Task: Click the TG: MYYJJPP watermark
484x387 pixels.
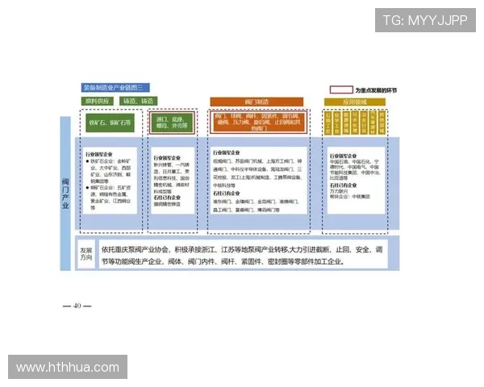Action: pyautogui.click(x=425, y=19)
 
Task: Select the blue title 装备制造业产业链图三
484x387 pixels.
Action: pyautogui.click(x=115, y=87)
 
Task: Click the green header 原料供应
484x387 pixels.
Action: pyautogui.click(x=98, y=101)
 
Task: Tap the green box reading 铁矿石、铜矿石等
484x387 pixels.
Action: pyautogui.click(x=110, y=123)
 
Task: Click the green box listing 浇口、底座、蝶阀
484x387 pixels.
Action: pyautogui.click(x=172, y=123)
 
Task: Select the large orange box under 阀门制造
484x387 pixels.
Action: pyautogui.click(x=260, y=122)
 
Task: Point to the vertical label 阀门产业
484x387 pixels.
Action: pyautogui.click(x=65, y=193)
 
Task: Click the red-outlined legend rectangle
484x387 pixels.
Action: pyautogui.click(x=340, y=89)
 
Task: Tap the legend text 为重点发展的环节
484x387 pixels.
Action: pyautogui.click(x=376, y=89)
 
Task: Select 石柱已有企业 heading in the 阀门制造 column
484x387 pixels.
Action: pyautogui.click(x=229, y=194)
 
